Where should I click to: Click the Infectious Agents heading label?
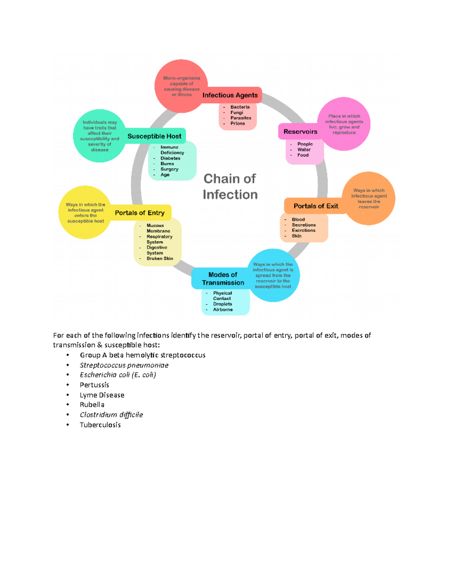(x=230, y=95)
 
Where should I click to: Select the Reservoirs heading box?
(x=300, y=132)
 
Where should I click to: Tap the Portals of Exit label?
(x=316, y=206)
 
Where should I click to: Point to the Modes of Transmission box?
(x=223, y=278)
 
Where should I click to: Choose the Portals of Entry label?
(x=140, y=213)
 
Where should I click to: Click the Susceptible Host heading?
(x=154, y=136)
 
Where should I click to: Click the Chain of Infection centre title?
(x=230, y=186)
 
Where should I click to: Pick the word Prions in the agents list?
(x=237, y=123)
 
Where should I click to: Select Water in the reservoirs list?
(x=304, y=149)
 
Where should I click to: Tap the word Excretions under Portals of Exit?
(x=304, y=230)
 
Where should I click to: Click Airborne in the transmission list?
(x=223, y=309)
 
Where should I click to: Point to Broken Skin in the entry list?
(x=160, y=258)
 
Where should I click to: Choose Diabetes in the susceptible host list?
(x=170, y=158)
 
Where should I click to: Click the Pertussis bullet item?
(x=94, y=385)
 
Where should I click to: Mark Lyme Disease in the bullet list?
(x=102, y=395)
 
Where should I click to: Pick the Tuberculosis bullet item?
(x=100, y=425)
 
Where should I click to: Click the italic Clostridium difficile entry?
(x=111, y=415)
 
